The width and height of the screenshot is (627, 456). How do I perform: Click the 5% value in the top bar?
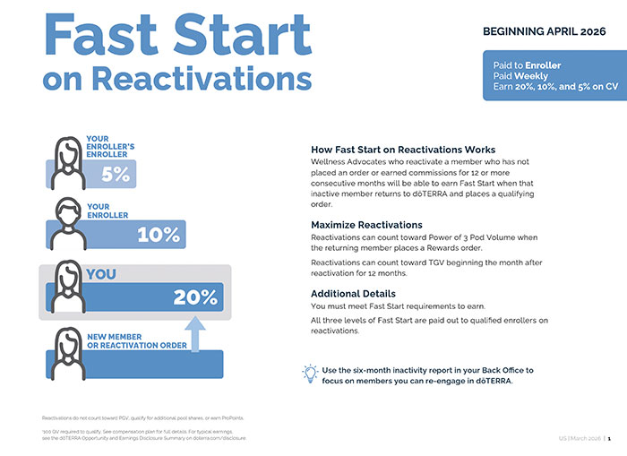pos(115,175)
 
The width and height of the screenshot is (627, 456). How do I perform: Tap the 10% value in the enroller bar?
pos(159,235)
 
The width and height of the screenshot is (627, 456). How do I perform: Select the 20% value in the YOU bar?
pos(195,297)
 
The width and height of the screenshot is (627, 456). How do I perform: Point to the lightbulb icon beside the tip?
pos(310,373)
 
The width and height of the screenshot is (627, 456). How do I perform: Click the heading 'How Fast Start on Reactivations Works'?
pos(403,149)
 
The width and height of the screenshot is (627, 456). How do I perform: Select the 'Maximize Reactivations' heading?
pos(367,224)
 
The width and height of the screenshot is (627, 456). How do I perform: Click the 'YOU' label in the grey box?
pos(101,274)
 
